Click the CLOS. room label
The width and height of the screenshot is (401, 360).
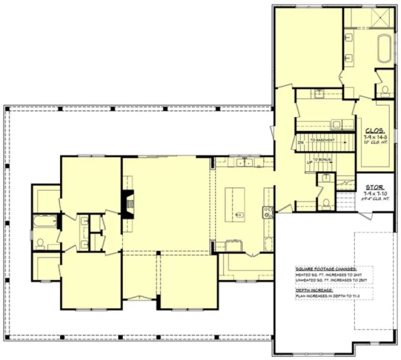pyautogui.click(x=375, y=131)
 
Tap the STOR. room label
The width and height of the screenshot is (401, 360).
pyautogui.click(x=375, y=186)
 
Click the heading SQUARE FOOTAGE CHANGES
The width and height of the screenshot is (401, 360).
pyautogui.click(x=326, y=269)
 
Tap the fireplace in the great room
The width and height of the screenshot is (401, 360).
pyautogui.click(x=128, y=204)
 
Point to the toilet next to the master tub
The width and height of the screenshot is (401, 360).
pyautogui.click(x=385, y=90)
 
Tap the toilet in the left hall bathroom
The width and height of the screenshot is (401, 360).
pyautogui.click(x=41, y=242)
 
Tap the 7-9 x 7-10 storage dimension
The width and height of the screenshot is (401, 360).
pyautogui.click(x=375, y=193)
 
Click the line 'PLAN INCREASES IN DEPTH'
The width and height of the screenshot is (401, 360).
pyautogui.click(x=325, y=296)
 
